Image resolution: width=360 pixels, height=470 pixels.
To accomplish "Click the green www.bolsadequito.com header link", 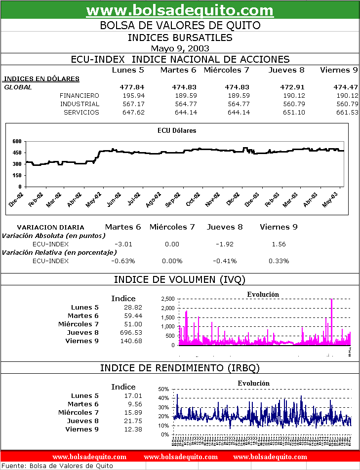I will [x=180, y=10].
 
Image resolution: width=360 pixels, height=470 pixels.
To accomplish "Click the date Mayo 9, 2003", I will [x=180, y=48].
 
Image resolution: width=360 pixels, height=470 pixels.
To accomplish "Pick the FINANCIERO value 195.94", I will [x=133, y=95].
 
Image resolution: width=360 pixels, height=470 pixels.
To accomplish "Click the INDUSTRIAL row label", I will [x=80, y=104].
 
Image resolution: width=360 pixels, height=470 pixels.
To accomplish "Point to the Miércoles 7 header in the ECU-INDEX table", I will [x=226, y=70].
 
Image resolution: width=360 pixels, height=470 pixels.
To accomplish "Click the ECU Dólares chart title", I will [x=177, y=130].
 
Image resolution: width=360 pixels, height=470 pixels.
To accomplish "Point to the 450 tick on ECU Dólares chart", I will [x=17, y=153].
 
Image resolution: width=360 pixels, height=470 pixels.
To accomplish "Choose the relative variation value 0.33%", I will [x=279, y=261].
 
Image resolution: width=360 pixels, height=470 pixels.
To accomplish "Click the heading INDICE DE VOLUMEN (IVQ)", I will [x=180, y=279].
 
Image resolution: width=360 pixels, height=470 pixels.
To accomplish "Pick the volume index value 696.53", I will [x=131, y=332].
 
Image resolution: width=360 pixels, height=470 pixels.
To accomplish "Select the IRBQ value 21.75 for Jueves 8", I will [x=133, y=421].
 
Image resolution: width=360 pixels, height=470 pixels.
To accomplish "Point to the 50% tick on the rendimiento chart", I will [x=164, y=389].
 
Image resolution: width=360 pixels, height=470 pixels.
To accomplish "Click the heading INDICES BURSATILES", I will [x=180, y=37].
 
